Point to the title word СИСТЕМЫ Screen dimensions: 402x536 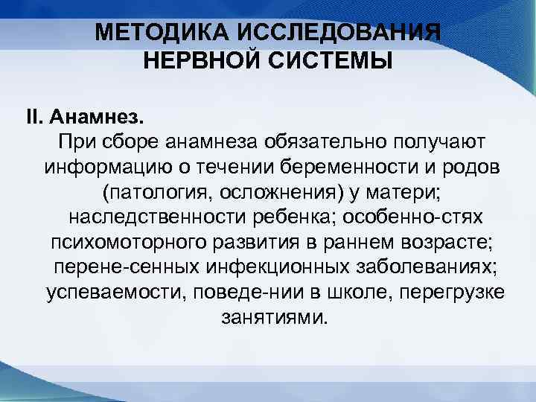click(336, 60)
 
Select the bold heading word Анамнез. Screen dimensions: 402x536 click(104, 117)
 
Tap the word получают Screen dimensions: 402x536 click(424, 141)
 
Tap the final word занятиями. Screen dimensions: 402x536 click(273, 319)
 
